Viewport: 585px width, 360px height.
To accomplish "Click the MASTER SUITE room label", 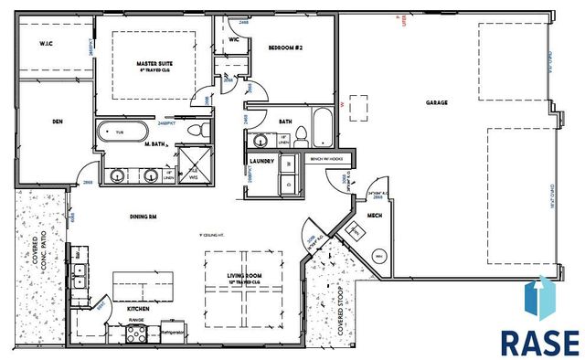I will click(154, 63).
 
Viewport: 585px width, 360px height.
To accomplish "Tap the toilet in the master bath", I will click(193, 133).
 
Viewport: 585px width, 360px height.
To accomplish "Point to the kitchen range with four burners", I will click(137, 334).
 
